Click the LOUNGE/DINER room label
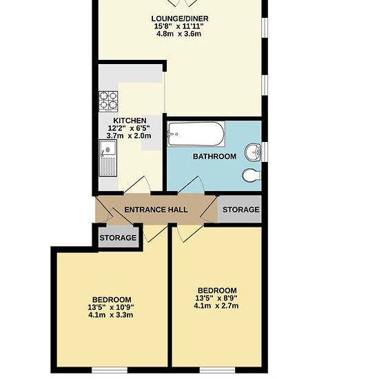pos(180,19)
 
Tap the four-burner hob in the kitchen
pos(108,101)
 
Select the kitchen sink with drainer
pos(107,158)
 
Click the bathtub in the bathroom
pos(196,134)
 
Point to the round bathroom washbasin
pos(253,152)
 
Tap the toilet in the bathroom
pos(252,175)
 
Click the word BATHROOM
pos(214,156)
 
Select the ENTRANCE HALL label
pos(156,209)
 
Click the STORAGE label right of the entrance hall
pos(241,209)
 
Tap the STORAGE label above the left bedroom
pos(118,238)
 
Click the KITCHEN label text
pos(130,121)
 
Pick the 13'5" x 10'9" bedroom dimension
pos(111,307)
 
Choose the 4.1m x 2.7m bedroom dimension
pos(216,306)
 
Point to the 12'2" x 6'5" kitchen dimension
pos(129,128)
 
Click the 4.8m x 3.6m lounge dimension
pos(178,34)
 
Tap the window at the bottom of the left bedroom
pos(110,370)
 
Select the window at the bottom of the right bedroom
pos(217,370)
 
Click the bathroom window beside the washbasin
pos(265,152)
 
